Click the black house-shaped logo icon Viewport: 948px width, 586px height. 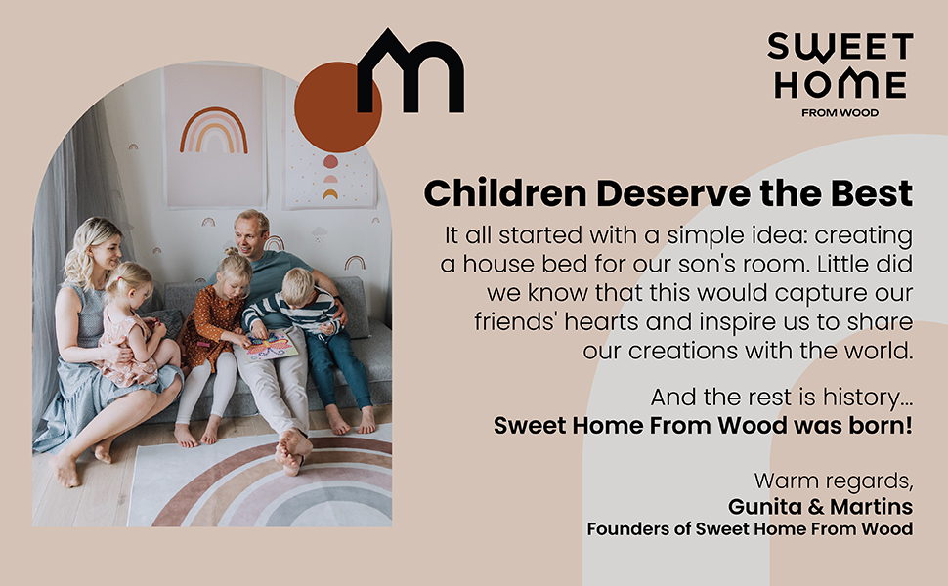[409, 73]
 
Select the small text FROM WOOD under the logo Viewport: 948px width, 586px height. [840, 113]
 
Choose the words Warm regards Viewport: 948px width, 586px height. [833, 481]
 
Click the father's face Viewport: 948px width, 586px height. [252, 234]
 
